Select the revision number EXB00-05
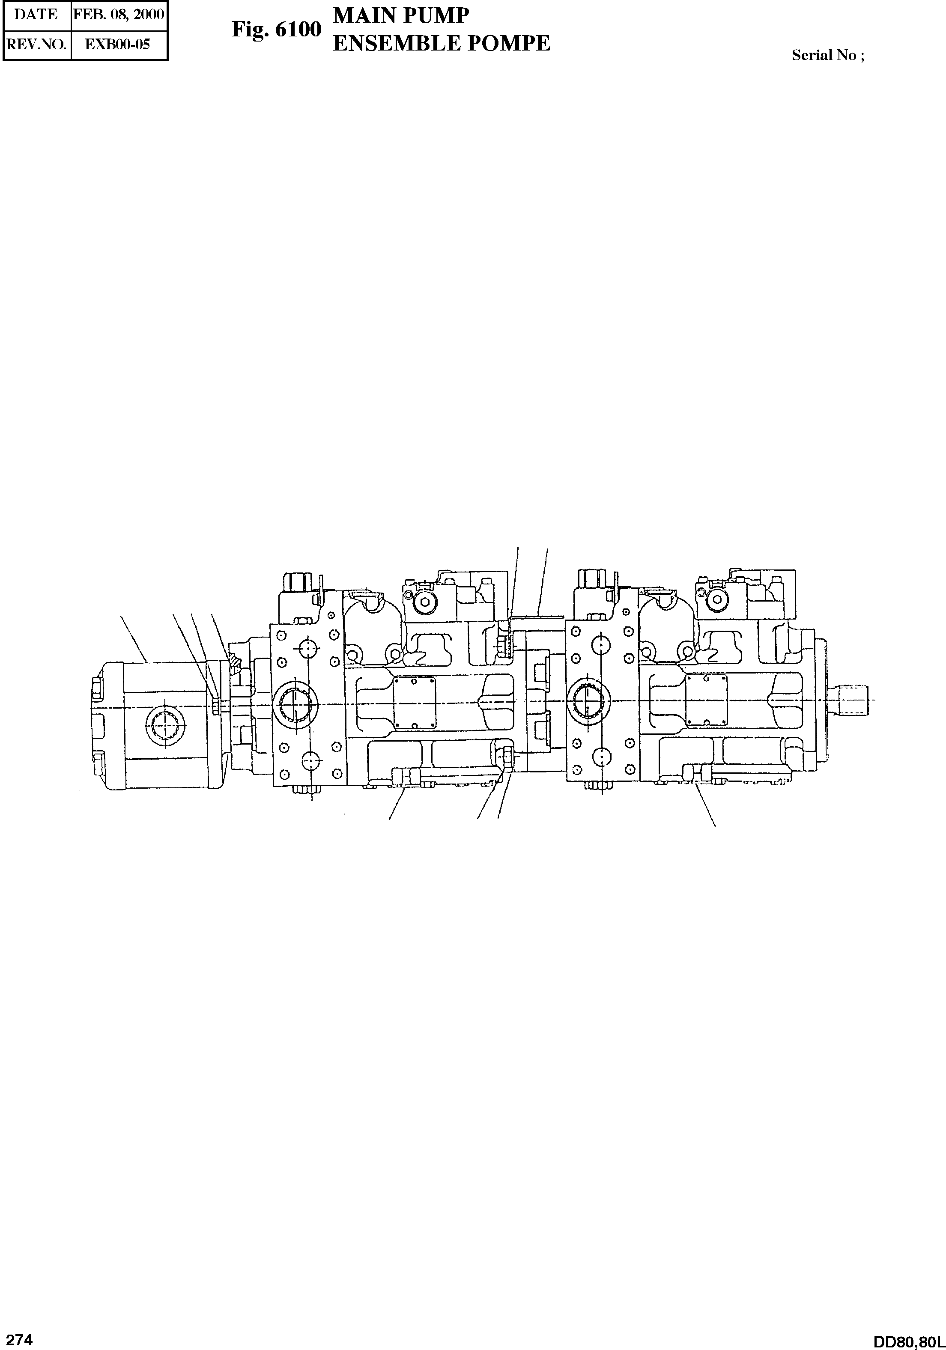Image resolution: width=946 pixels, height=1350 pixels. pos(118,44)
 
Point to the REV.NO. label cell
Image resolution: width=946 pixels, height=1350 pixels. pos(36,44)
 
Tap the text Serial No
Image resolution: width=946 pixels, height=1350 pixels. pos(824,55)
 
